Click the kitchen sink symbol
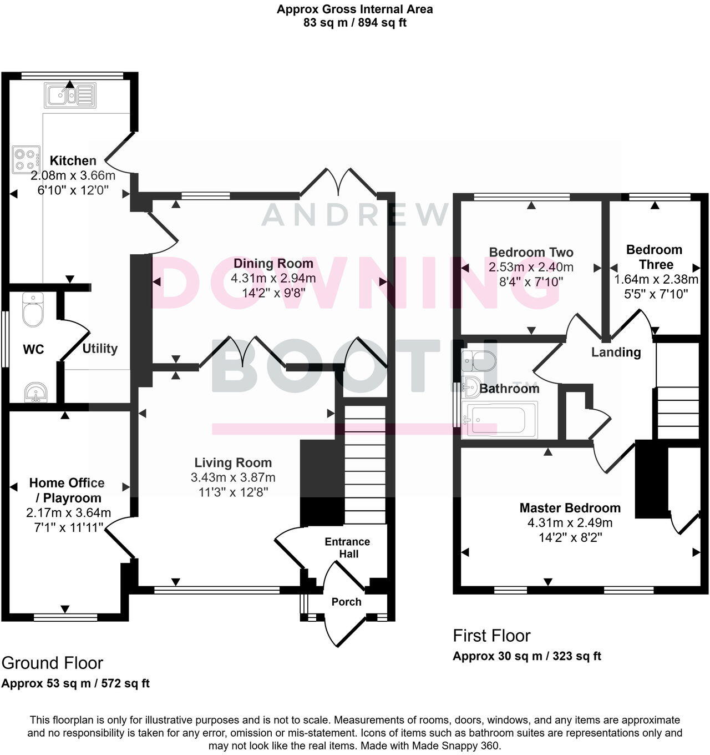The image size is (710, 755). [70, 95]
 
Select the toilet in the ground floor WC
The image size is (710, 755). [33, 310]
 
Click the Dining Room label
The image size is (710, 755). [273, 263]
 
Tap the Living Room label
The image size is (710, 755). [233, 462]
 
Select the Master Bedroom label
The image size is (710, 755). [570, 507]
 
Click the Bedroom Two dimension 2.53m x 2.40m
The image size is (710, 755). [531, 267]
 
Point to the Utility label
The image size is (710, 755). [100, 349]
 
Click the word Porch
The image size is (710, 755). [346, 602]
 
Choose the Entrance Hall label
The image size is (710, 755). [347, 547]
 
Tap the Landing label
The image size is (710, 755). [616, 352]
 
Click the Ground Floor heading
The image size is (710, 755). [52, 663]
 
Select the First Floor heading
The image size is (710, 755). [491, 636]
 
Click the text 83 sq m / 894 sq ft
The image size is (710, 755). [355, 23]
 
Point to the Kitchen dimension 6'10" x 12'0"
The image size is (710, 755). [73, 190]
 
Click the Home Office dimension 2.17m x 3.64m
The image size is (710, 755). [68, 512]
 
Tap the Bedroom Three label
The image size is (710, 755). [654, 257]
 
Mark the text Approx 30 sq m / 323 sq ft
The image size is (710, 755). [527, 656]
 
